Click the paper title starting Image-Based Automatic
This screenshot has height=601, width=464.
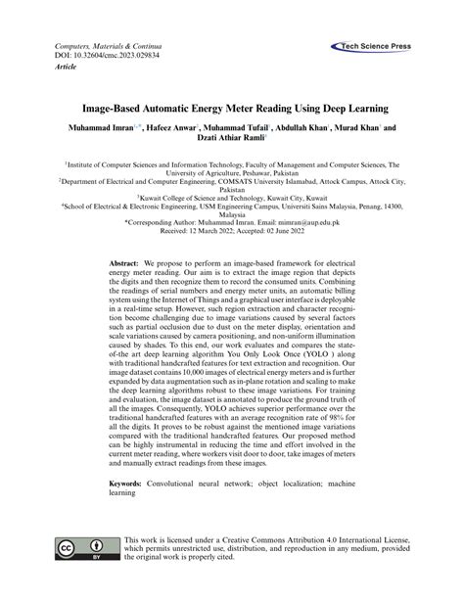pyautogui.click(x=233, y=106)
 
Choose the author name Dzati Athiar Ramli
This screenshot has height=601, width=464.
pyautogui.click(x=230, y=140)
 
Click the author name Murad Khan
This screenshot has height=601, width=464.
pyautogui.click(x=357, y=127)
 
